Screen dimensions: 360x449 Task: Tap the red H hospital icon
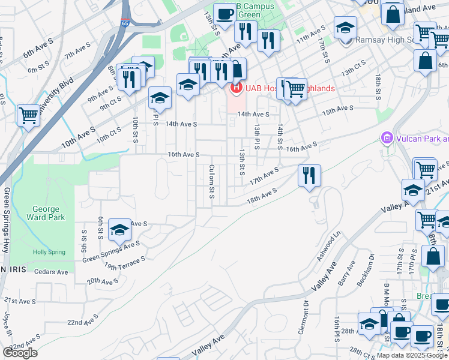236,88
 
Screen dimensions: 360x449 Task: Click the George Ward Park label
46,214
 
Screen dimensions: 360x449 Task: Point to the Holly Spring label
47,253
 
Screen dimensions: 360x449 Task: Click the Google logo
20,353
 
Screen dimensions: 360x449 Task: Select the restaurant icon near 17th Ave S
309,175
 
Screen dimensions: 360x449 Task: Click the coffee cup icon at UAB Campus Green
224,14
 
